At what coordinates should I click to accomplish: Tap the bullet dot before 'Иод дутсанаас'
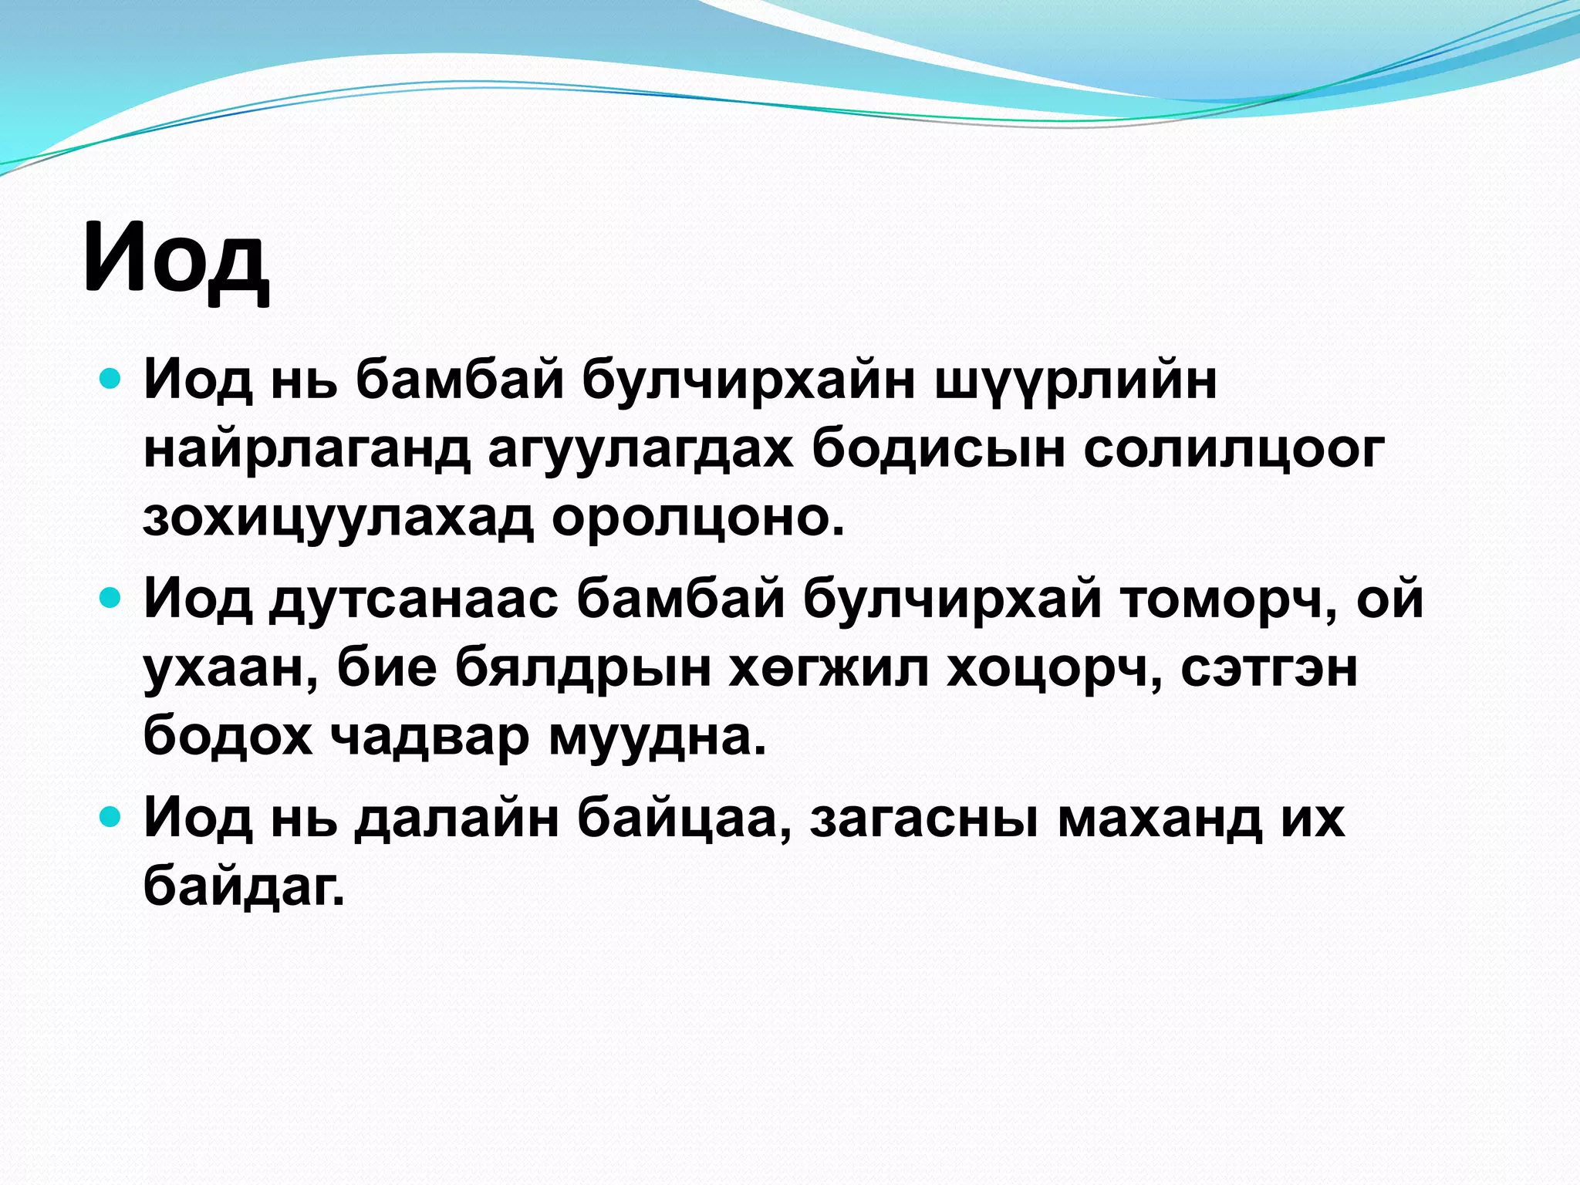pos(111,599)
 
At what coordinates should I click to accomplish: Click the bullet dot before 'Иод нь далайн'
pos(111,817)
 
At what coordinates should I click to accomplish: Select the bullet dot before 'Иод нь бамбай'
pos(111,380)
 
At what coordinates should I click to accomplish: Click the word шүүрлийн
pos(1075,381)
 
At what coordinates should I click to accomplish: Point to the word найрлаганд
pos(307,449)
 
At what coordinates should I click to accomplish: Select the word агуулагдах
pos(640,449)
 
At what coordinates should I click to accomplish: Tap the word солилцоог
pos(1234,449)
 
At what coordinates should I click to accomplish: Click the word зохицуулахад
pos(338,518)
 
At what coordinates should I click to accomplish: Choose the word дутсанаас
pos(414,599)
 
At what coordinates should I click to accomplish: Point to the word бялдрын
pos(582,668)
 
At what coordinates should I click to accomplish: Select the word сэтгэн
pos(1269,668)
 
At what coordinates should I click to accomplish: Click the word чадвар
pos(430,737)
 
